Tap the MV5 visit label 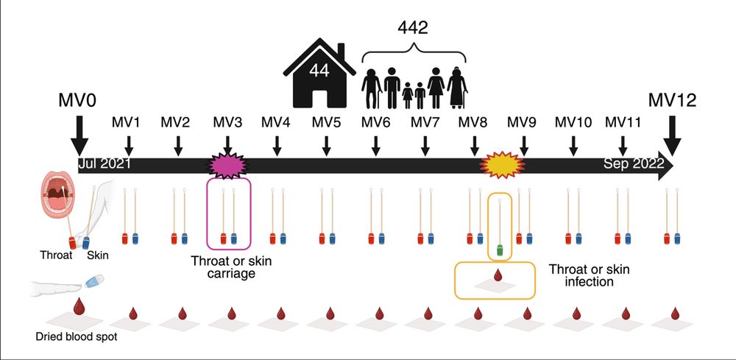325,121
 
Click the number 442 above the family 413,29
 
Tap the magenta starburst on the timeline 228,163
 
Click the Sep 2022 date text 629,163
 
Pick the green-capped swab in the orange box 500,250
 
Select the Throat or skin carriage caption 229,266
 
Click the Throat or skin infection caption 589,275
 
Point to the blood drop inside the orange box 498,277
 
